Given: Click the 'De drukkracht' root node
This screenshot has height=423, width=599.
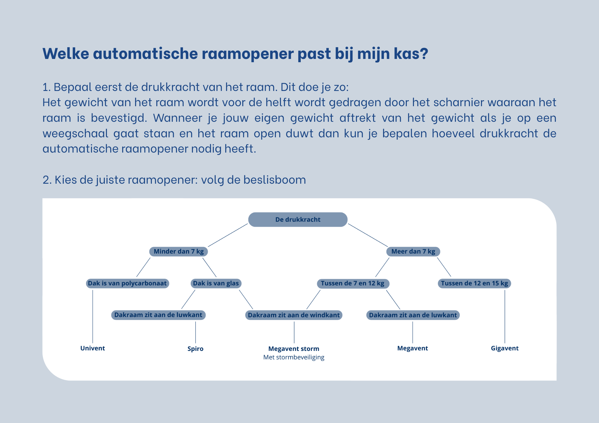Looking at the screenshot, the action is coord(298,220).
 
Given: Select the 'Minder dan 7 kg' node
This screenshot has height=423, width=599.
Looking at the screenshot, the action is coord(179,252).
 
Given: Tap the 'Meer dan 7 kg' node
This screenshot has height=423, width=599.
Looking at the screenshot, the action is coord(413,252).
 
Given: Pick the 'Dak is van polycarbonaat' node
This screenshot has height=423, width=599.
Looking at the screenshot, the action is coord(127,283).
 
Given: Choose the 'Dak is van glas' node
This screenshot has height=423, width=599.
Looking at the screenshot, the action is coord(216,283).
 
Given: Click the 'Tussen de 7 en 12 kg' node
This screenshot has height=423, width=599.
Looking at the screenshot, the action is coord(353,284).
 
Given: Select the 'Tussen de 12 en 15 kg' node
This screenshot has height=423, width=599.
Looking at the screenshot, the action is coord(474,284).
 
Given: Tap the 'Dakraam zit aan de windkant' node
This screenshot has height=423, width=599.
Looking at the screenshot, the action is coord(294,315).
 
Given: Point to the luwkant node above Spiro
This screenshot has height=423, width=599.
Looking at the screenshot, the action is coord(158,315).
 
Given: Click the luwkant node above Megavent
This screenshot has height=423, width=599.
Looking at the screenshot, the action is coord(413,315).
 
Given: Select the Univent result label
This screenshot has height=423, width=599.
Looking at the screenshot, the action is coord(93,348).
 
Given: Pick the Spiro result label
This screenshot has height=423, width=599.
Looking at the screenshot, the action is coord(195,349).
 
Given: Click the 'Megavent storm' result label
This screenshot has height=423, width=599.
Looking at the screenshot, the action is coord(294,349).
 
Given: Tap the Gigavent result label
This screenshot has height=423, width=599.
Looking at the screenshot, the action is coord(505,348).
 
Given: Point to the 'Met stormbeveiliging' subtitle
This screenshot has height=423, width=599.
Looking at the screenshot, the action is coord(294,357).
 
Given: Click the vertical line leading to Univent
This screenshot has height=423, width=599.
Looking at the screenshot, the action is coord(93,317).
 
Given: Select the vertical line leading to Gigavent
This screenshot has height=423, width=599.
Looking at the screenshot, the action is coord(505,317).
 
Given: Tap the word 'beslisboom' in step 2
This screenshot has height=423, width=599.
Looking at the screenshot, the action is coord(275,180).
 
